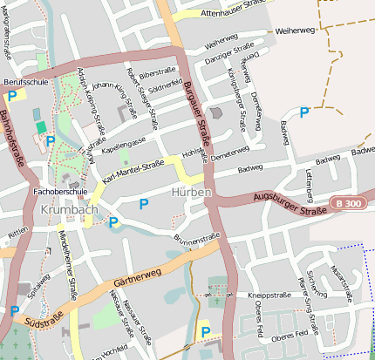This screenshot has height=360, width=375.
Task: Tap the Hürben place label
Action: point(191,192)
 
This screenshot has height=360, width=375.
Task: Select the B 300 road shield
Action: point(346,203)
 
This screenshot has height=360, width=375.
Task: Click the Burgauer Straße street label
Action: point(198,113)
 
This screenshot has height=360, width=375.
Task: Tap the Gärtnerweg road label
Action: point(138,277)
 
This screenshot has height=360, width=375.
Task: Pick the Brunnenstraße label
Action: point(196,237)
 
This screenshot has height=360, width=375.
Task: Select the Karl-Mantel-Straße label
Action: point(133,171)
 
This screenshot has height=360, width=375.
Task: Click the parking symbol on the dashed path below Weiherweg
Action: point(303,112)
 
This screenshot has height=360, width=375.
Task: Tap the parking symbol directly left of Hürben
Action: point(144,203)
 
